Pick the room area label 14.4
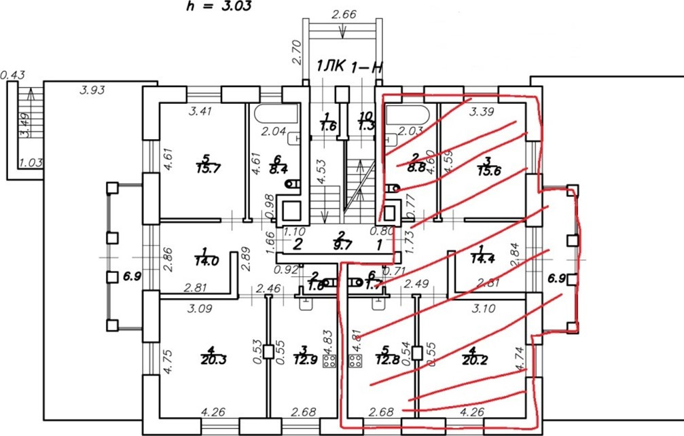pyautogui.click(x=484, y=259)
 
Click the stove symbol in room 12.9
pyautogui.click(x=330, y=361)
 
